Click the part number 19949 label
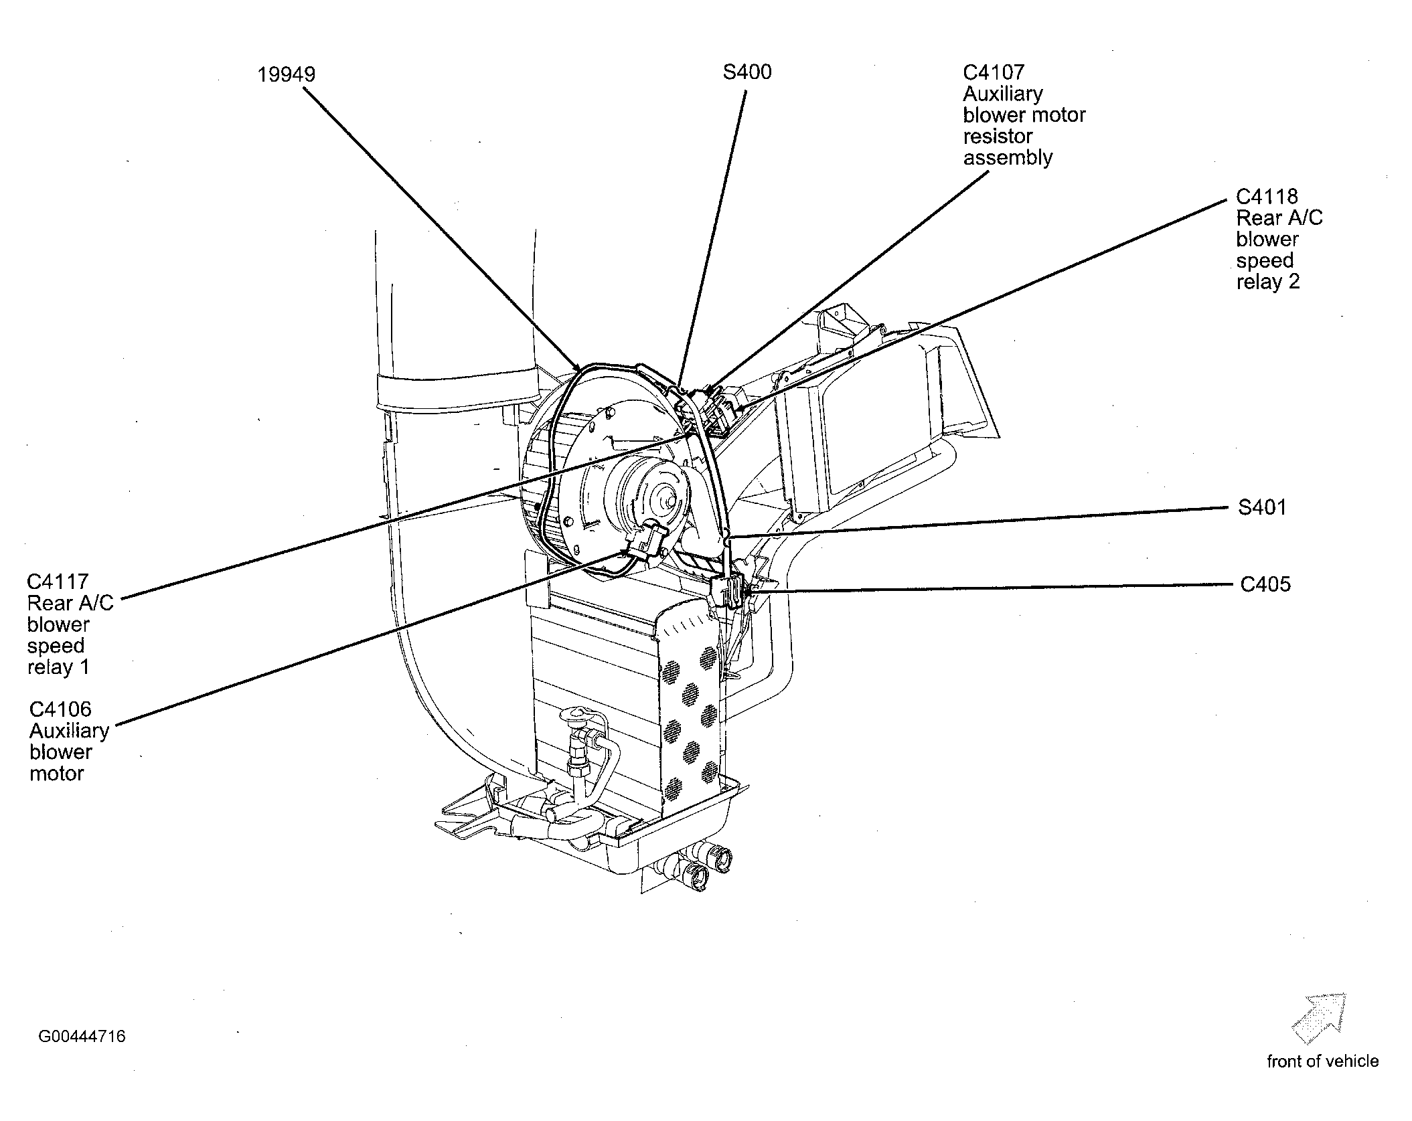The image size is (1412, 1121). coord(287,74)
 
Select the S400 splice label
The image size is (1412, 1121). coord(747,72)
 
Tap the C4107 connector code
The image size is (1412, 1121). coord(994,72)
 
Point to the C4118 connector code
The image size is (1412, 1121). coord(1267,196)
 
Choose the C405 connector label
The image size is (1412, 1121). coord(1265,584)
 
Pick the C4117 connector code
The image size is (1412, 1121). coord(58,582)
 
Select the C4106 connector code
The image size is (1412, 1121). coord(60,709)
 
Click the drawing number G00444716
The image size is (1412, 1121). coord(82,1037)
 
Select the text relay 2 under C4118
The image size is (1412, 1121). coord(1268,282)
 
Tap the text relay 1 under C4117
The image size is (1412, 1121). coord(58,667)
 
